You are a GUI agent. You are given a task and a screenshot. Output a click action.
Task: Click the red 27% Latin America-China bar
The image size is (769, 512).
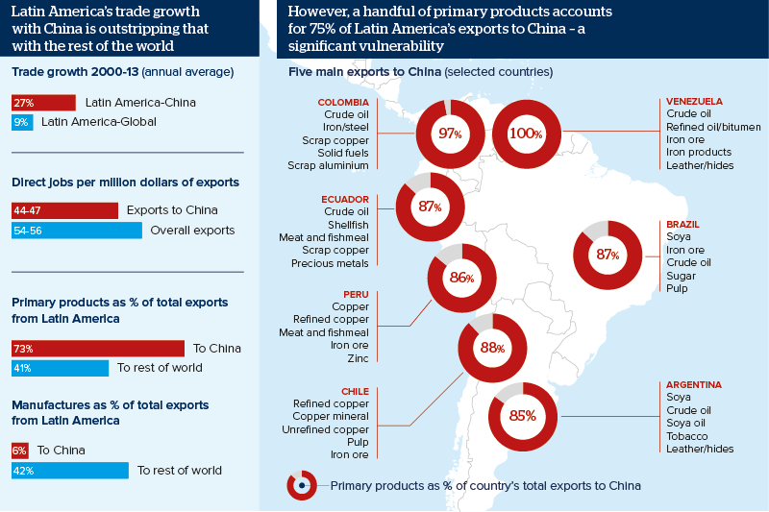point(43,103)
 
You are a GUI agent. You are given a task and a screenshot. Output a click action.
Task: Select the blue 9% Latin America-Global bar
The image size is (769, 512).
point(22,122)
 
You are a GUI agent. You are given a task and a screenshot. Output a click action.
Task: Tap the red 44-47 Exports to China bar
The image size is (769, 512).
point(63,210)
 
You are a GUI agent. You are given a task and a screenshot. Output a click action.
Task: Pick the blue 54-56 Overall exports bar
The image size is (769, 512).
point(77,231)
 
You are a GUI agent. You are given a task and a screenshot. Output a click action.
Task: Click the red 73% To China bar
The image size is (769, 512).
point(97,349)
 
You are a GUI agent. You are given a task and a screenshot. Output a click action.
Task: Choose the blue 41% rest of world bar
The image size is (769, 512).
point(60,368)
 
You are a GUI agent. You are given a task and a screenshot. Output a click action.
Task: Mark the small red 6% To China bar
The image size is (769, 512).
point(20,451)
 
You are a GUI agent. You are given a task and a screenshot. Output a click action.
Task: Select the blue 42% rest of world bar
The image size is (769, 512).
point(69,471)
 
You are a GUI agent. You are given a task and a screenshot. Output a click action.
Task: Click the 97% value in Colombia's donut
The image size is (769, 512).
point(450,134)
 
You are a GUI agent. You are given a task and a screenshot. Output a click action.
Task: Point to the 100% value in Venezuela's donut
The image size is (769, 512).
point(526,134)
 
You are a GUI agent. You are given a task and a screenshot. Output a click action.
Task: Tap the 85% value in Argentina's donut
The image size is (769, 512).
point(523,417)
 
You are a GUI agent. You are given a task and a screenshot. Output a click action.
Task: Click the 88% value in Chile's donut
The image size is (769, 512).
point(493,348)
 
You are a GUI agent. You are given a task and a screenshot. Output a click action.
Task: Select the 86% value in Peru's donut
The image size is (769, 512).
point(462,278)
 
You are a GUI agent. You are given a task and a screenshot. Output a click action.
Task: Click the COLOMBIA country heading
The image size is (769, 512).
point(343,103)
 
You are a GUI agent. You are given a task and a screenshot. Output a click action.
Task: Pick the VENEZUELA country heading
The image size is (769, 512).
point(694,102)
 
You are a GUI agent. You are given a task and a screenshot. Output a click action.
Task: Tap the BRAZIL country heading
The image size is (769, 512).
point(682,225)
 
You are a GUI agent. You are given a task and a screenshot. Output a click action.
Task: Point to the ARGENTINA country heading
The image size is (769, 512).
point(694,385)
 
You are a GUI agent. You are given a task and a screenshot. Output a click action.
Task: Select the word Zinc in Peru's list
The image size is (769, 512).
point(357,358)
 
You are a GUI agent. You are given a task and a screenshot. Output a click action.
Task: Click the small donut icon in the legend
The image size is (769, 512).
point(302,486)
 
